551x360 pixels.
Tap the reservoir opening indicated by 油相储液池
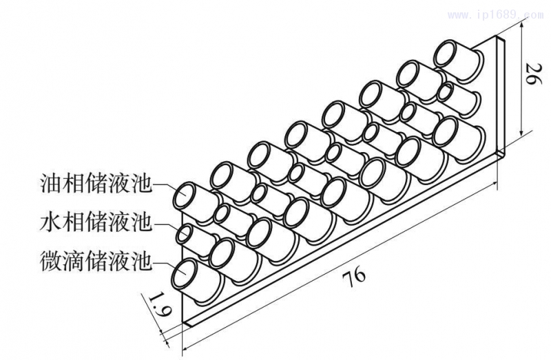[187, 195]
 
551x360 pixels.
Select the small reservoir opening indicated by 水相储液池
[185, 234]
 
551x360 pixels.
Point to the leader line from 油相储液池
[163, 186]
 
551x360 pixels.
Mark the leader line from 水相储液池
[164, 225]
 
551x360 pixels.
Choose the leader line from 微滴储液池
[163, 263]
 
